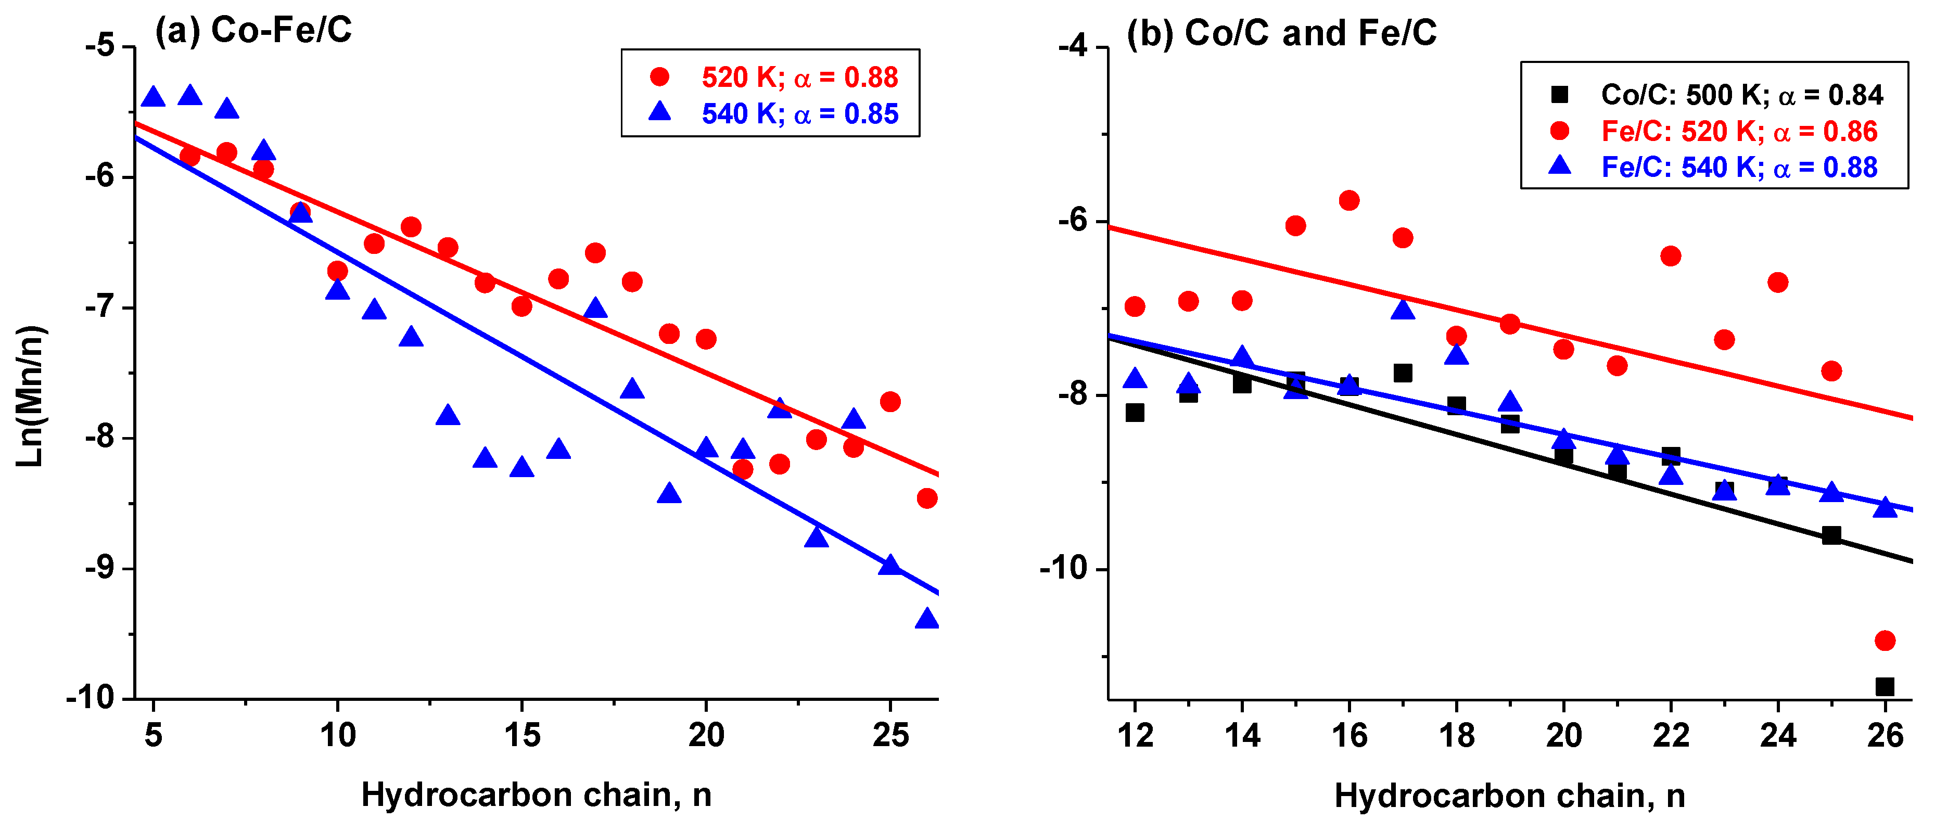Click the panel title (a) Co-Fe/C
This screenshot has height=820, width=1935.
pos(253,30)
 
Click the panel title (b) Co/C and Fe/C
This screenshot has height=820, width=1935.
pos(1281,33)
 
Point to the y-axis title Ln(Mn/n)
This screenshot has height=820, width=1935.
pos(30,396)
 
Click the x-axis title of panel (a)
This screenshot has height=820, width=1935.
pos(537,793)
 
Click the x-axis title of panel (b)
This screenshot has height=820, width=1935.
pos(1510,795)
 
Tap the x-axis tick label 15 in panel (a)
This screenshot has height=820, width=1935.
pos(522,734)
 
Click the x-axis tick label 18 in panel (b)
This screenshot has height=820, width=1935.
pos(1457,734)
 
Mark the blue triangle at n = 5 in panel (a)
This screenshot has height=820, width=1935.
pos(153,97)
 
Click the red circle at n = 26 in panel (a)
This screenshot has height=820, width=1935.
pos(927,498)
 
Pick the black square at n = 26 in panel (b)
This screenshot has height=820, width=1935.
pos(1885,686)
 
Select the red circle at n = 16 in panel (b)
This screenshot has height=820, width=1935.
pos(1349,200)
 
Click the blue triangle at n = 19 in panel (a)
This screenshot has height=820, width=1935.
pos(669,493)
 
